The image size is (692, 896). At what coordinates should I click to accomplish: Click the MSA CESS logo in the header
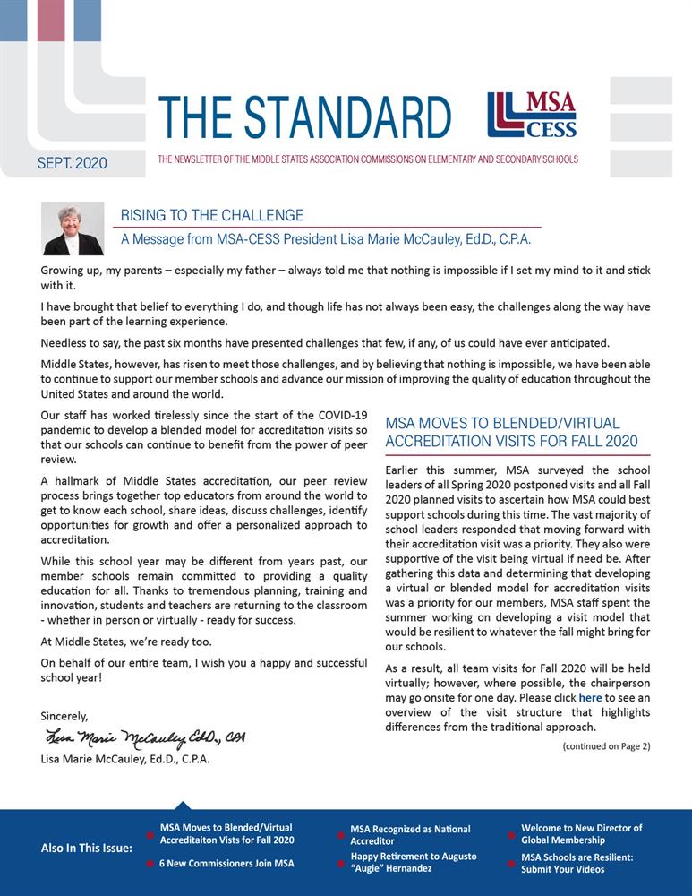pyautogui.click(x=532, y=116)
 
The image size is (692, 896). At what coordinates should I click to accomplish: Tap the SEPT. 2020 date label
pyautogui.click(x=73, y=163)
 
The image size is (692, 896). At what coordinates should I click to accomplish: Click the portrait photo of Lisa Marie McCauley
pyautogui.click(x=73, y=229)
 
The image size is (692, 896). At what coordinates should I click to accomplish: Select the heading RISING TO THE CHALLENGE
pyautogui.click(x=212, y=215)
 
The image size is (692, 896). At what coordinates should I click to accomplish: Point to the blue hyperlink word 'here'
pyautogui.click(x=590, y=697)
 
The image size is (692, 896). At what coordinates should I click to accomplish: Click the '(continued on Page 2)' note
pyautogui.click(x=606, y=745)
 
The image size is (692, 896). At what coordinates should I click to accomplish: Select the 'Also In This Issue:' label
pyautogui.click(x=87, y=848)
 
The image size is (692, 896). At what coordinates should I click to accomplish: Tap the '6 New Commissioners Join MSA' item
pyautogui.click(x=226, y=864)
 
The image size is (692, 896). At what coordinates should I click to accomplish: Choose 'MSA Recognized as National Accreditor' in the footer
pyautogui.click(x=410, y=835)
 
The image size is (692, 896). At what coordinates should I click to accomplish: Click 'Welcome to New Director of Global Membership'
pyautogui.click(x=582, y=834)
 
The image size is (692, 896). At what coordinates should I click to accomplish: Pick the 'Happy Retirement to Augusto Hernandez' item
pyautogui.click(x=413, y=862)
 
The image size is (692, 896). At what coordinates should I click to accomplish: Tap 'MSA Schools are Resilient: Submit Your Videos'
pyautogui.click(x=577, y=863)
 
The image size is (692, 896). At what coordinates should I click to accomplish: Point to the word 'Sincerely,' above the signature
pyautogui.click(x=64, y=716)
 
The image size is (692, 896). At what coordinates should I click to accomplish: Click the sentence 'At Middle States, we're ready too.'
pyautogui.click(x=127, y=641)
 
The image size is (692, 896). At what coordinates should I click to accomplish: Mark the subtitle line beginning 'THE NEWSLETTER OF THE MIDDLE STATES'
pyautogui.click(x=367, y=159)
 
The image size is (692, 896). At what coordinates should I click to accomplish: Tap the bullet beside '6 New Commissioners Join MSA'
pyautogui.click(x=150, y=864)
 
